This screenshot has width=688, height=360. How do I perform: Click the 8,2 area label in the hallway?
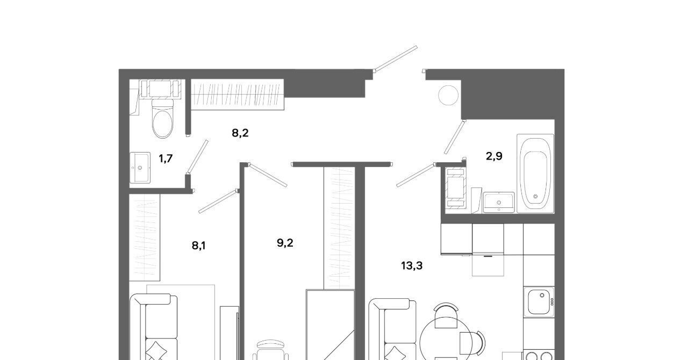pyautogui.click(x=240, y=133)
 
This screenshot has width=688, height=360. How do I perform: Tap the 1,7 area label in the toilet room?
pyautogui.click(x=166, y=159)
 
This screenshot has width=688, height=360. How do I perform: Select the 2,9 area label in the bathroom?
pyautogui.click(x=494, y=156)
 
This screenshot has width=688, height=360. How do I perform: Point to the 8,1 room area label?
pyautogui.click(x=199, y=246)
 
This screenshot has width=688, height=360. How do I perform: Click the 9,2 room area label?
pyautogui.click(x=285, y=243)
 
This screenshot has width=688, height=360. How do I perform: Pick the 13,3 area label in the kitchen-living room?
pyautogui.click(x=412, y=265)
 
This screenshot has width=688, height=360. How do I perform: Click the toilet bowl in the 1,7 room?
pyautogui.click(x=162, y=120)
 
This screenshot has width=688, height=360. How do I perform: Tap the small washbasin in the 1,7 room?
pyautogui.click(x=140, y=168)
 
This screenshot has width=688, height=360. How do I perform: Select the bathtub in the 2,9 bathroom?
pyautogui.click(x=535, y=173)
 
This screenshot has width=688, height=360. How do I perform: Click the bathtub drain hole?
pyautogui.click(x=536, y=196)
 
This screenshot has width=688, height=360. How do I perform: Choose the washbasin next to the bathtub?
pyautogui.click(x=499, y=203)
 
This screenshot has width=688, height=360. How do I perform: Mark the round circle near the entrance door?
pyautogui.click(x=448, y=95)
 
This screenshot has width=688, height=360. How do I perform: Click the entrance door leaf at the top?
pyautogui.click(x=396, y=59)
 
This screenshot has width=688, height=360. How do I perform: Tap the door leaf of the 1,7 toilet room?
pyautogui.click(x=198, y=156)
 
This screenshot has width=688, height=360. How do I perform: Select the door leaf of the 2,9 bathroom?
pyautogui.click(x=455, y=136)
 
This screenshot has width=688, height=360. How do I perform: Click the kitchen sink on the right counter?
pyautogui.click(x=539, y=303)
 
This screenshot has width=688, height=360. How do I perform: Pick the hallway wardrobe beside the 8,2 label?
pyautogui.click(x=238, y=95)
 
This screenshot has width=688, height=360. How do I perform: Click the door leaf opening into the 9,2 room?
pyautogui.click(x=268, y=175)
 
